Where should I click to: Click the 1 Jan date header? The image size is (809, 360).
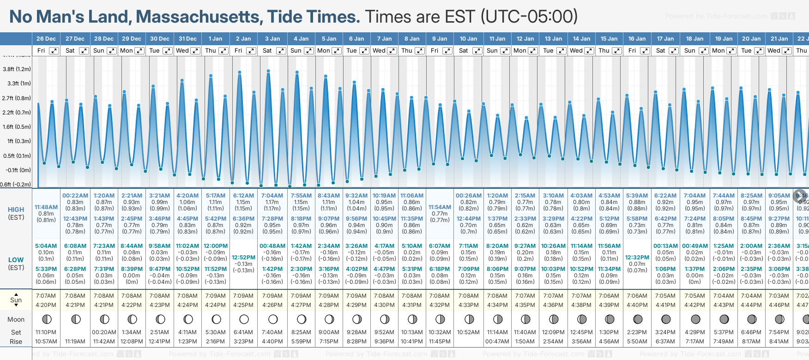(215, 39)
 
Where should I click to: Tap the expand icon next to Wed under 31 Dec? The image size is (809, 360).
(195, 51)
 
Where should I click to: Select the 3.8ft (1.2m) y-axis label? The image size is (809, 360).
(17, 69)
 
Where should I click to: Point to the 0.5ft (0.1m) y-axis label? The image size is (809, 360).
(17, 156)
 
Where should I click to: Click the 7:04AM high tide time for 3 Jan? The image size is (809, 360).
(272, 196)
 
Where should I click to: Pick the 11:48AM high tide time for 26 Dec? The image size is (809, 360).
(46, 207)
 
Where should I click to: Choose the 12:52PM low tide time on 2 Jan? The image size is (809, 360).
(243, 258)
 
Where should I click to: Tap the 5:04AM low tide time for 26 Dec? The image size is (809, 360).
(46, 246)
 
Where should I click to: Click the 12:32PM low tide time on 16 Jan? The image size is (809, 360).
(637, 258)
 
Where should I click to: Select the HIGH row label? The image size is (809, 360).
(16, 210)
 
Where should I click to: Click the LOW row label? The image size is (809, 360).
(16, 260)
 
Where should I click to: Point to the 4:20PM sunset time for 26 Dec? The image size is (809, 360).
(46, 305)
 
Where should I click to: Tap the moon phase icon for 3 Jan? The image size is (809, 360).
(273, 319)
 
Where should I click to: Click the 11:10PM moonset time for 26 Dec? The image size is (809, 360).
(46, 332)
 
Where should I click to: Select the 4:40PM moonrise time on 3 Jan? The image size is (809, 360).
(272, 342)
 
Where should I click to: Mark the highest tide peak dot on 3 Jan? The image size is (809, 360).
(268, 71)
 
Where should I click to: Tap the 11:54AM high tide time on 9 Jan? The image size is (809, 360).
(440, 207)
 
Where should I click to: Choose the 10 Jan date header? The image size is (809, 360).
(468, 39)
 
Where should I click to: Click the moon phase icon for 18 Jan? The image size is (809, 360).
(695, 319)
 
